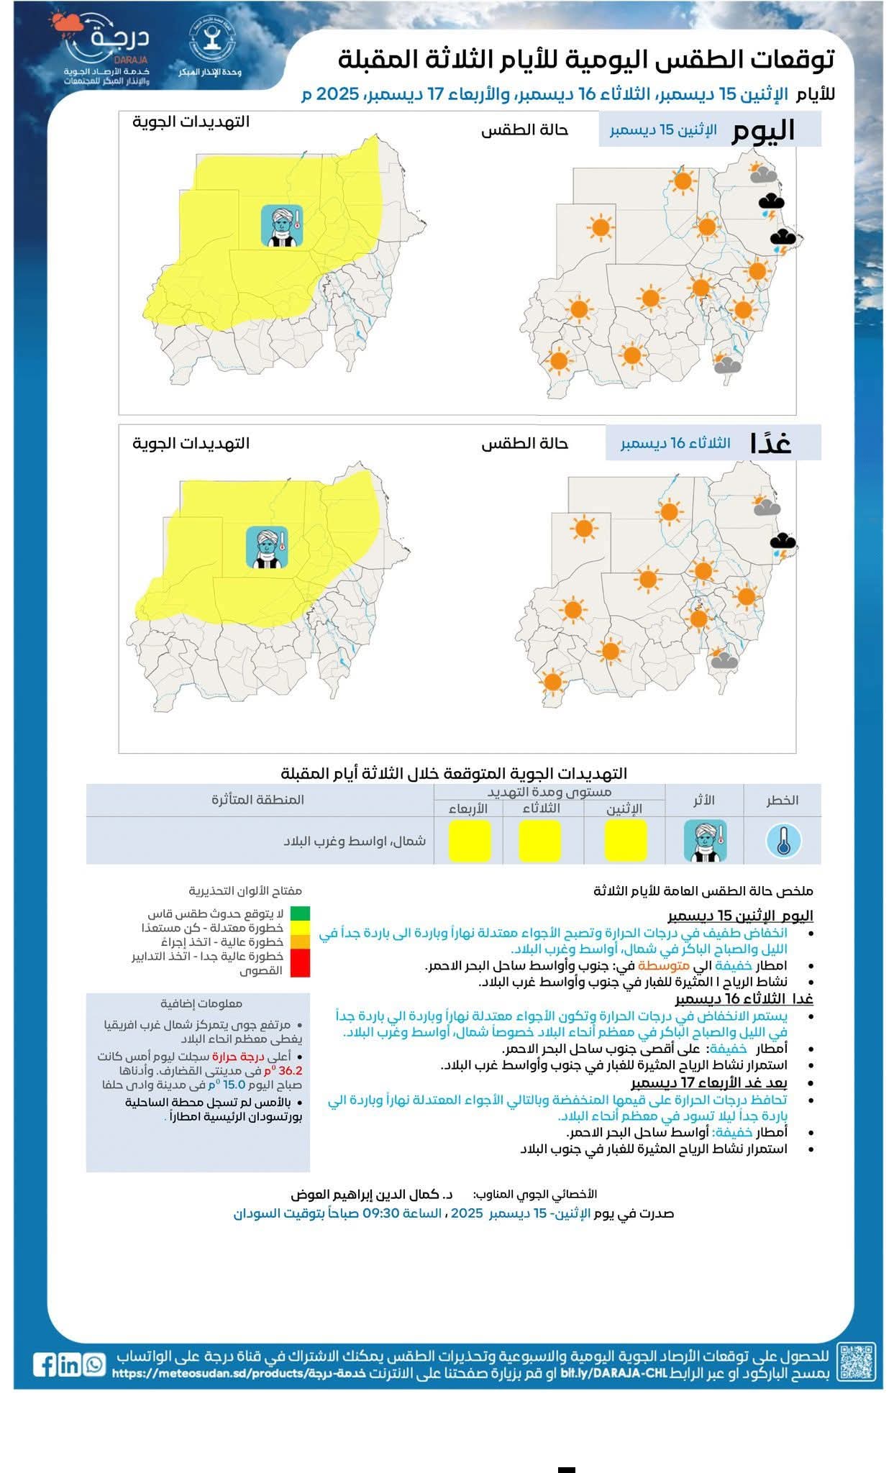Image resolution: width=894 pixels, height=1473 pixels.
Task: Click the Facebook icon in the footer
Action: click(45, 1364)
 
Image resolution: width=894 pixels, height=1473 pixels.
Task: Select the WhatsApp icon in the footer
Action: click(93, 1364)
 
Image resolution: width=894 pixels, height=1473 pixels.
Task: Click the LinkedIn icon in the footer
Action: click(69, 1364)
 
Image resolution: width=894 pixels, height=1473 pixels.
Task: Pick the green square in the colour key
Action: click(300, 913)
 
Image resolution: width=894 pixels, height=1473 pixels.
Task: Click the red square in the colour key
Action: click(300, 963)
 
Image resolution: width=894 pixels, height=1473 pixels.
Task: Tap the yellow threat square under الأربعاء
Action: click(470, 841)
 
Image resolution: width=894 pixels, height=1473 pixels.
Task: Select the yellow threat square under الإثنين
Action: click(625, 841)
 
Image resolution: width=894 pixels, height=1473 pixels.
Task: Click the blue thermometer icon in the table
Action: click(783, 841)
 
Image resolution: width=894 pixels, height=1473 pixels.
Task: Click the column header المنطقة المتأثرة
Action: click(257, 800)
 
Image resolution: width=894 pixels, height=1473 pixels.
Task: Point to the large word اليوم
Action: click(763, 131)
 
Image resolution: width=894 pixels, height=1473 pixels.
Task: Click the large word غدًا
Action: click(770, 443)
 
